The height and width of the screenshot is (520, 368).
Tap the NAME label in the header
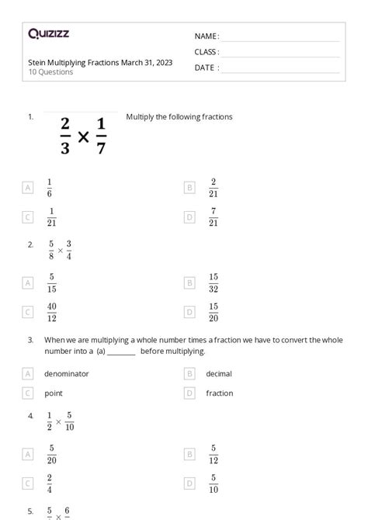(206, 36)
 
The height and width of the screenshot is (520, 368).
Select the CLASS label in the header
(206, 52)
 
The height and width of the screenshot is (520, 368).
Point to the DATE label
(206, 68)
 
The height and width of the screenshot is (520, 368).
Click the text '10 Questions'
(50, 72)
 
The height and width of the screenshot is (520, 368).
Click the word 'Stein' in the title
(36, 62)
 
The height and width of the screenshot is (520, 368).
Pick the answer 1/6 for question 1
(50, 187)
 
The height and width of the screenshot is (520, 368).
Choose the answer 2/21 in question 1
(214, 187)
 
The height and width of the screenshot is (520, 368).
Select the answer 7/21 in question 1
(214, 217)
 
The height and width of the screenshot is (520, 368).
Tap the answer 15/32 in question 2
(214, 282)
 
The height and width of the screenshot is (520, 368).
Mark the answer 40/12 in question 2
(51, 311)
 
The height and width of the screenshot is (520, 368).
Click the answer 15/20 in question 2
(214, 311)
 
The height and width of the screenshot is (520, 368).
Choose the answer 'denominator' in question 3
(66, 373)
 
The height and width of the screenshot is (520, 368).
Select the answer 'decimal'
(219, 373)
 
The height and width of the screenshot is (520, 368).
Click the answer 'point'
(54, 393)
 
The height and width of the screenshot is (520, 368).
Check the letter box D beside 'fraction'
(189, 393)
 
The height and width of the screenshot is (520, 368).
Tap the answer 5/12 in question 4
(214, 454)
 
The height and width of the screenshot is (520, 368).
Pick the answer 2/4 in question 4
(50, 484)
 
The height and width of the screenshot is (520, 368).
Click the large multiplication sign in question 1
(84, 137)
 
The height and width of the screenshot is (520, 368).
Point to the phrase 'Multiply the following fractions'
(179, 117)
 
